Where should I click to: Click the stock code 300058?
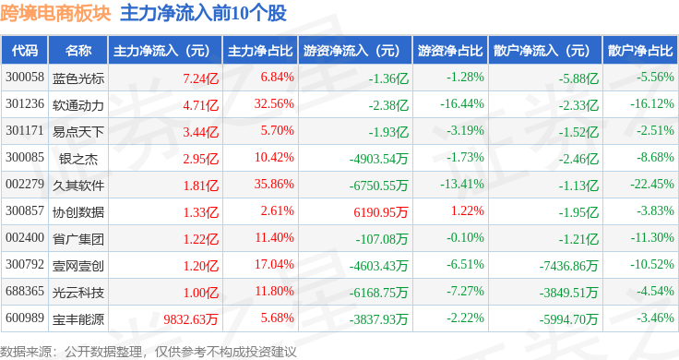tap(25, 78)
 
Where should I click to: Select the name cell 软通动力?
tap(77, 105)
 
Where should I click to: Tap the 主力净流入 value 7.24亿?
tap(200, 78)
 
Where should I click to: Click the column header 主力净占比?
tap(260, 51)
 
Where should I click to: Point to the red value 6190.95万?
tap(381, 211)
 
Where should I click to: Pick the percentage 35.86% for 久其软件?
tap(274, 184)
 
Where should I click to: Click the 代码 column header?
tap(25, 51)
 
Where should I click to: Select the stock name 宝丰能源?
tap(77, 318)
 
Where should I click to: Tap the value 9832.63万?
tap(191, 318)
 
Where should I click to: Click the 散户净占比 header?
tap(640, 51)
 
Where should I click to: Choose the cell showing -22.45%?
tap(652, 184)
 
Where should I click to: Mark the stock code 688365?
tap(25, 291)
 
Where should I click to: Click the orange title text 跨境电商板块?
tap(55, 14)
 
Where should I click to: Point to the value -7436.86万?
tap(568, 266)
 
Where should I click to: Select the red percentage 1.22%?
tap(467, 211)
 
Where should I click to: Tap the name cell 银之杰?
tap(77, 159)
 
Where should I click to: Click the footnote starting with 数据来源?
tap(149, 352)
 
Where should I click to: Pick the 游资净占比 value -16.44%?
tap(462, 104)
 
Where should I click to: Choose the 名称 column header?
tap(77, 51)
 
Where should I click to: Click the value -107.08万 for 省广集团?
tap(382, 239)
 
